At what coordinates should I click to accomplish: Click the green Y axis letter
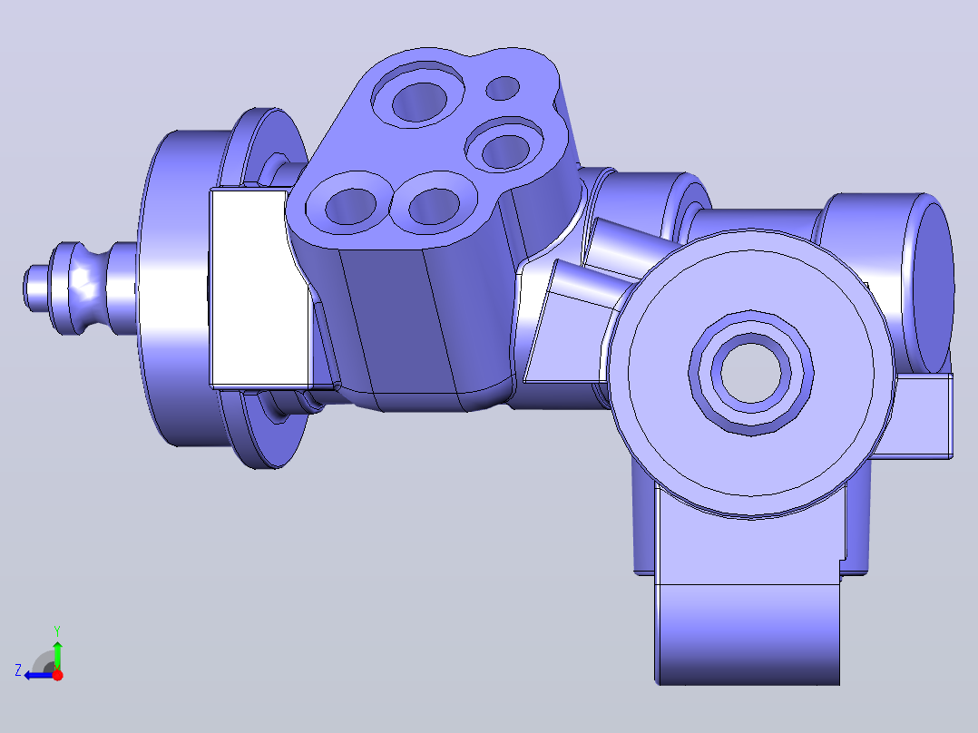[57, 630]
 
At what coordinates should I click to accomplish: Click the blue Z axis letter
[18, 670]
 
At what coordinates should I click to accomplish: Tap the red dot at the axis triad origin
[57, 675]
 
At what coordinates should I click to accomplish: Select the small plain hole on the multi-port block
[502, 88]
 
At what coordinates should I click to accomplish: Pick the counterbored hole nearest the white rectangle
[350, 203]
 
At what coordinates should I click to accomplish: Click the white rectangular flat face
[259, 288]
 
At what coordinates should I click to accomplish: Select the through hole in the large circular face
[751, 373]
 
